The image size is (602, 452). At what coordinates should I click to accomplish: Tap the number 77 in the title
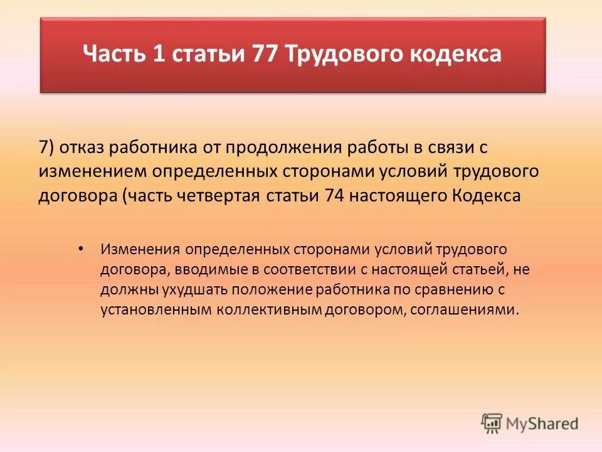(266, 54)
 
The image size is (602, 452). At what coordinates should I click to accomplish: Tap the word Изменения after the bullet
(139, 249)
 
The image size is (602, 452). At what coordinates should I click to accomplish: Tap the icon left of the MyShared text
(492, 423)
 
